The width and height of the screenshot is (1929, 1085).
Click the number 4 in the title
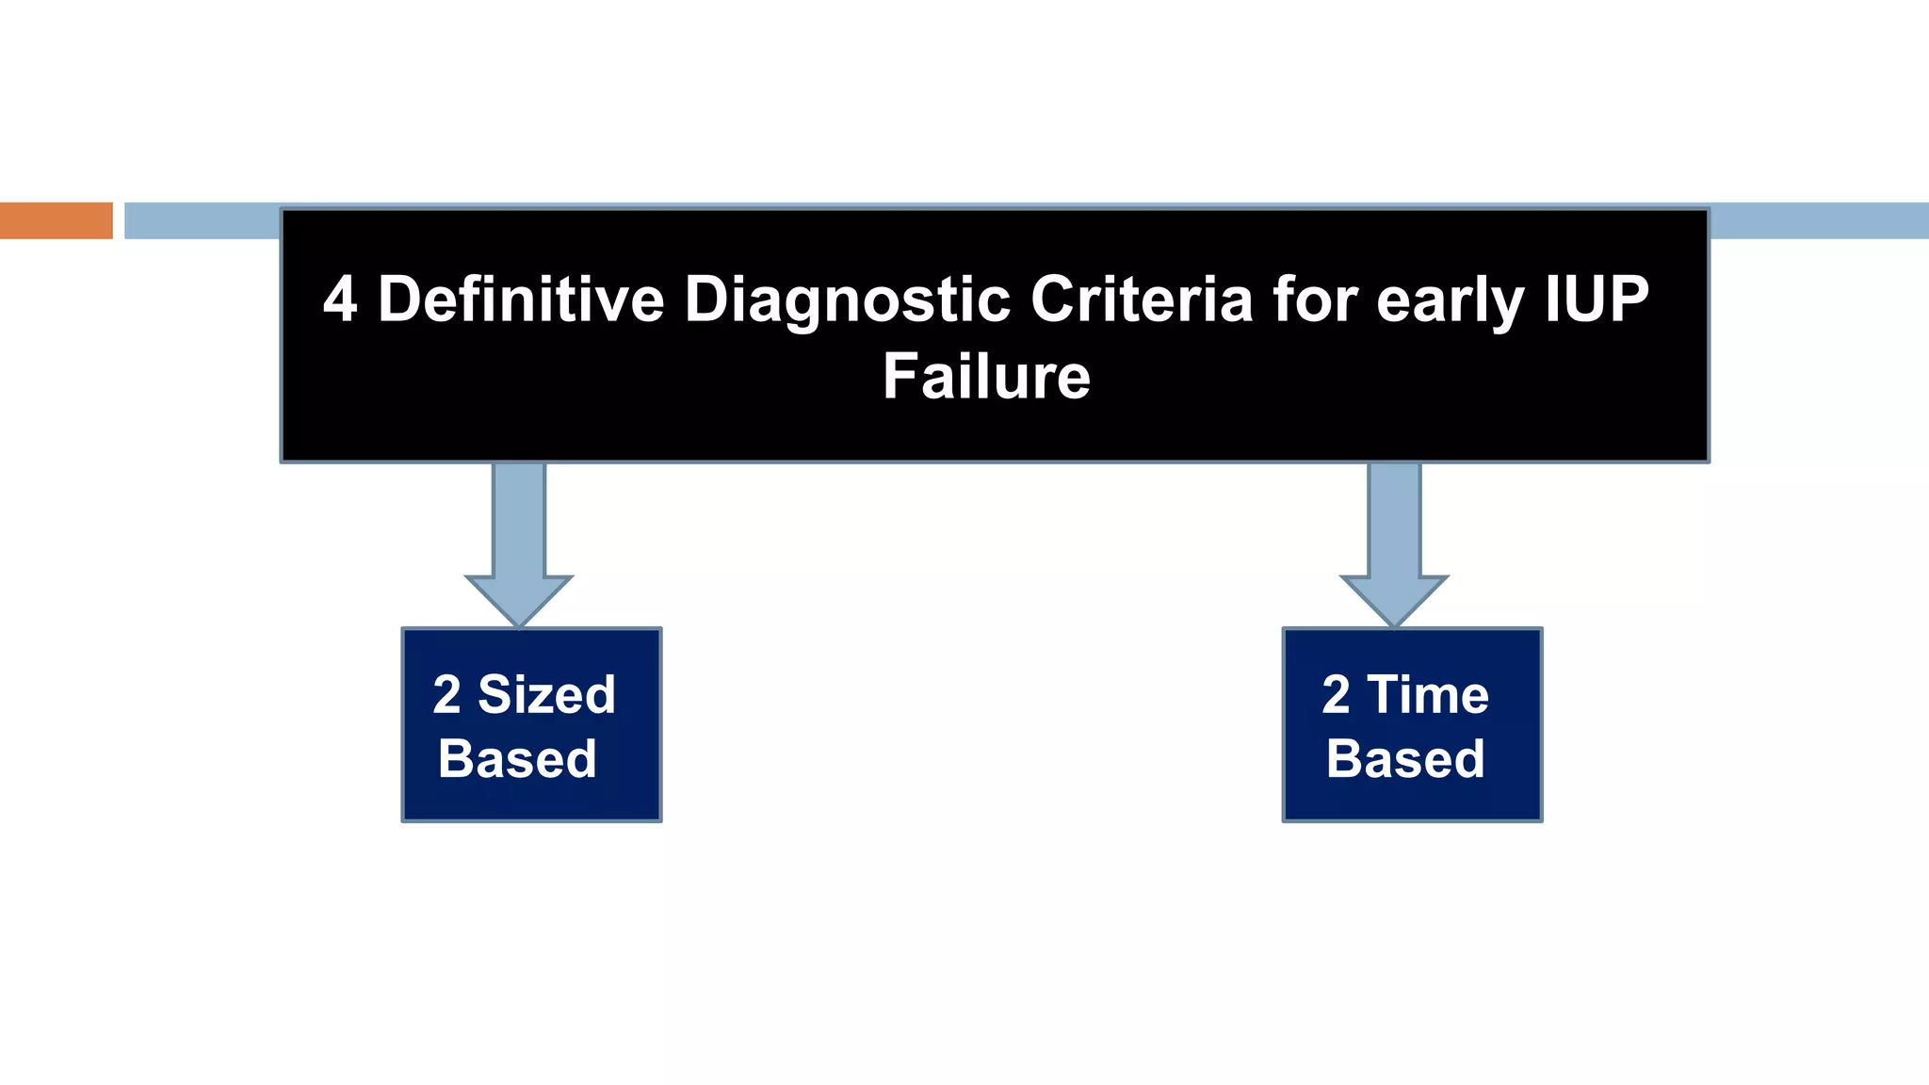click(340, 300)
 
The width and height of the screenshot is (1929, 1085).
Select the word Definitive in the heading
click(521, 300)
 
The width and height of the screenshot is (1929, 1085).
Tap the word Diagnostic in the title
click(847, 300)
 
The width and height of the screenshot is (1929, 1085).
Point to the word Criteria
click(1142, 300)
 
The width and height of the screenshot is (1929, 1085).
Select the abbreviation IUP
click(1597, 300)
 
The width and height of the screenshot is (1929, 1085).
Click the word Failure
click(986, 377)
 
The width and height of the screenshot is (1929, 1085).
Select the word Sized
click(546, 695)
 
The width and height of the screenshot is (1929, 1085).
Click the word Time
click(1428, 695)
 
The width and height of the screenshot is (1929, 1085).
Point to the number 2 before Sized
click(446, 695)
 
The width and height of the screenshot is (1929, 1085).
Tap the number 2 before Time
click(1336, 695)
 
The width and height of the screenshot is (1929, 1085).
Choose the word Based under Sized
click(517, 759)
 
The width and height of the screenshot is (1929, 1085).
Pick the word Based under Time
click(1405, 759)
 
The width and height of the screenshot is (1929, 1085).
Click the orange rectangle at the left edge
click(56, 220)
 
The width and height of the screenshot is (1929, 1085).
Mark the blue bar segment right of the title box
click(1818, 220)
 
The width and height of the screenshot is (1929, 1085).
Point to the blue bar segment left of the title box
click(202, 220)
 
